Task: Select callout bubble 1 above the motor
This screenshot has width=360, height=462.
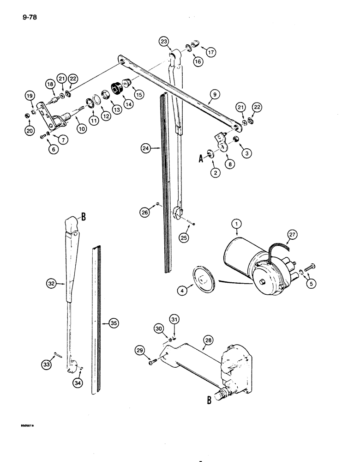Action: [237, 225]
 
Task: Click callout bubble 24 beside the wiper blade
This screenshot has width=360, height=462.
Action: [147, 148]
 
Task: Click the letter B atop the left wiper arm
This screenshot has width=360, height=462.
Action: [84, 215]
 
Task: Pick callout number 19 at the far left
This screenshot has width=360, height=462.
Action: [30, 96]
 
